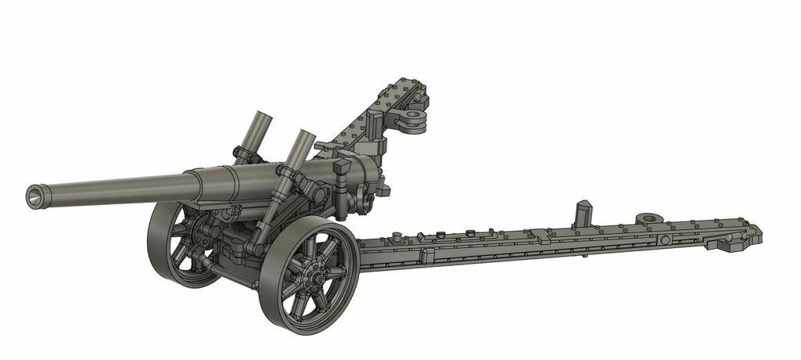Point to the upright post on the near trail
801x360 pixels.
(582, 212)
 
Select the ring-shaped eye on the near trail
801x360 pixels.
(648, 219)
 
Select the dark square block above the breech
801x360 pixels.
(342, 168)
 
